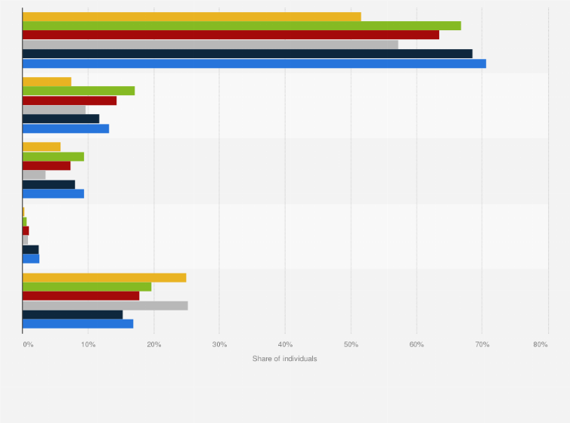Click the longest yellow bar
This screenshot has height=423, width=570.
(x=191, y=17)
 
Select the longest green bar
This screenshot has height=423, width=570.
(x=241, y=26)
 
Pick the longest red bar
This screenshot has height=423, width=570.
(x=231, y=35)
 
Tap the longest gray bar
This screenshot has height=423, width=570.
(x=210, y=45)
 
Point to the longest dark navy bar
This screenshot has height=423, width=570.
(x=247, y=54)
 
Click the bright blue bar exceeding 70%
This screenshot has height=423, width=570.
(x=254, y=63)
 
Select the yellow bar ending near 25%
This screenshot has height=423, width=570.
(x=104, y=277)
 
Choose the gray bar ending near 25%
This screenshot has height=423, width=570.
(x=105, y=305)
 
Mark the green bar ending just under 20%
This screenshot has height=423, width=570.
(x=87, y=286)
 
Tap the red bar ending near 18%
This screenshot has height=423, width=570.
(x=81, y=296)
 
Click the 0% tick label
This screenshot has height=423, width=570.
(x=28, y=344)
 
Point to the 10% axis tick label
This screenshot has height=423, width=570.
(x=88, y=344)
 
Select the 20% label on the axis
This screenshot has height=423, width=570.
(x=154, y=344)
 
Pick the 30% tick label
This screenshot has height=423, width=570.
(x=219, y=344)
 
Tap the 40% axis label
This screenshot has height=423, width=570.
(x=285, y=344)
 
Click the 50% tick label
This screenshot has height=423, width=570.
(x=351, y=344)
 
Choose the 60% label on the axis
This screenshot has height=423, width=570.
(x=417, y=344)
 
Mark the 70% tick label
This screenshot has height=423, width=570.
(x=482, y=344)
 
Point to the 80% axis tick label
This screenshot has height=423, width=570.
(x=540, y=344)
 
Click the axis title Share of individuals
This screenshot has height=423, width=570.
(x=285, y=358)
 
